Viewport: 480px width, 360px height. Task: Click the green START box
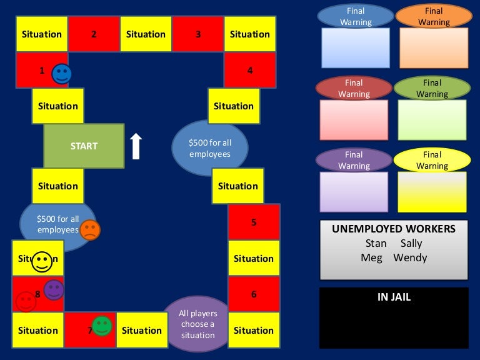(x=84, y=146)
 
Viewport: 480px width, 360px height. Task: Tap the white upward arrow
(x=136, y=146)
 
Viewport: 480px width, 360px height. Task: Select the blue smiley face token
(x=62, y=74)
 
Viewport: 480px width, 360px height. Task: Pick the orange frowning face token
(x=90, y=229)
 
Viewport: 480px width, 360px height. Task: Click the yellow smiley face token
(x=42, y=261)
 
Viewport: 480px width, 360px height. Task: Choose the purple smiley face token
(x=54, y=289)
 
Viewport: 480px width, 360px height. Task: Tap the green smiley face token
(x=101, y=326)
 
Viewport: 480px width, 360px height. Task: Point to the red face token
(x=26, y=302)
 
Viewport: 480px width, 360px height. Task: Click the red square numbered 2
(x=94, y=34)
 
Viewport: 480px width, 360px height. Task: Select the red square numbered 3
(x=197, y=34)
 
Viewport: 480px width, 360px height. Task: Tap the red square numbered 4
(x=250, y=71)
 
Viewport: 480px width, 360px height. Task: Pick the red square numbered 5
(x=254, y=222)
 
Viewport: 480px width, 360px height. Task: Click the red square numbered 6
(x=254, y=294)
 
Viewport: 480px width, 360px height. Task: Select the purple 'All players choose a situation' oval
(x=197, y=324)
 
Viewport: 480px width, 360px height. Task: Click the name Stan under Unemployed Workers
(x=376, y=243)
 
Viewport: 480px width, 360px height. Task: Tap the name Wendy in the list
(x=410, y=257)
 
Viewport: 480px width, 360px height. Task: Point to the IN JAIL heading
(x=394, y=297)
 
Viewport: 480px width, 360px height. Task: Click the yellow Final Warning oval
(x=432, y=160)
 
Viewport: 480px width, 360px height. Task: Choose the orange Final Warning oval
(x=434, y=16)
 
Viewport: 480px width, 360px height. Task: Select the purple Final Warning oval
(x=354, y=160)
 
